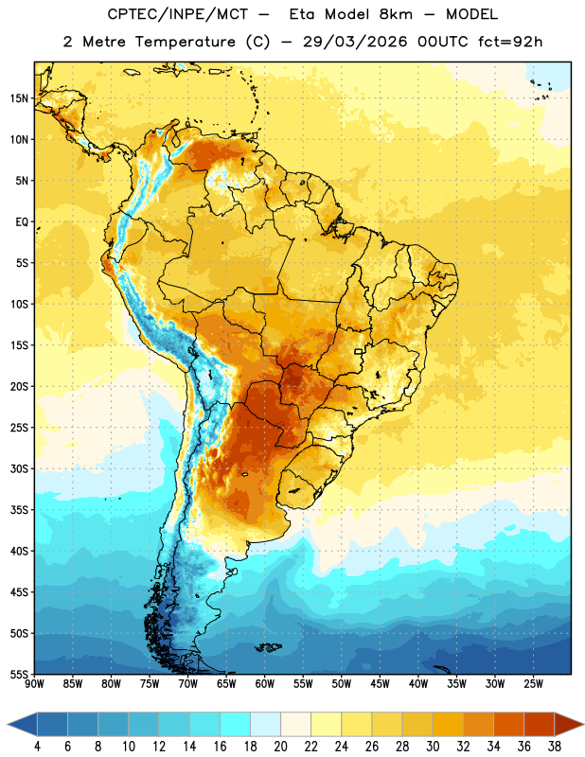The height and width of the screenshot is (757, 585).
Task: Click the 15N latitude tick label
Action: (19, 98)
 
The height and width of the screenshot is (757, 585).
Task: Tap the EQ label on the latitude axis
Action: (22, 222)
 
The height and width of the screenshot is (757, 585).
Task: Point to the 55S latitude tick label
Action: (19, 675)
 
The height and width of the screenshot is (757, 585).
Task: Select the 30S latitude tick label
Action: (19, 468)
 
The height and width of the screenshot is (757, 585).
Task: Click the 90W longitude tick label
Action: (35, 684)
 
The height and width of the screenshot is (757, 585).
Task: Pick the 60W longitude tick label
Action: (265, 684)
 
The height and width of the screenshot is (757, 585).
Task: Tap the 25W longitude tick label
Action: (533, 684)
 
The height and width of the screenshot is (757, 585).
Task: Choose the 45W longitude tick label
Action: (381, 684)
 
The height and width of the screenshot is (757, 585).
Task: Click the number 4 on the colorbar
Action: (37, 747)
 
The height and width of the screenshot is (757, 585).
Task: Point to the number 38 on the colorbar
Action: (555, 747)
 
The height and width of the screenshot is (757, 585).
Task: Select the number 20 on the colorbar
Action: (280, 747)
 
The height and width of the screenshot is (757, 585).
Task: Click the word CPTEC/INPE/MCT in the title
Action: (178, 14)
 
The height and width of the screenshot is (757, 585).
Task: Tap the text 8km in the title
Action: (396, 14)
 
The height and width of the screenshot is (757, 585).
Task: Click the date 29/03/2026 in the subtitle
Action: (355, 42)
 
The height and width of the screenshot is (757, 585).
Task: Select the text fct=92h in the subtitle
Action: (510, 42)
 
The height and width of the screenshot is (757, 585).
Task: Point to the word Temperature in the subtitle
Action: (186, 42)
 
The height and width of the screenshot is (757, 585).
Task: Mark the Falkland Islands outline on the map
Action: (268, 647)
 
